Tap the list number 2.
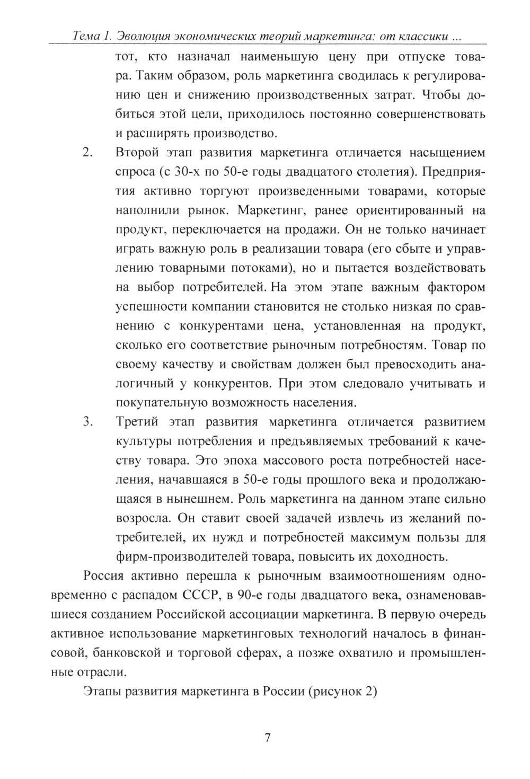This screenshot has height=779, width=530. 88,153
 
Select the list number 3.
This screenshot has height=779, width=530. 88,422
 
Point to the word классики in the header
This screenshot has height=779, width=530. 429,37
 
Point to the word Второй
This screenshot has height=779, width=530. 137,153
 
